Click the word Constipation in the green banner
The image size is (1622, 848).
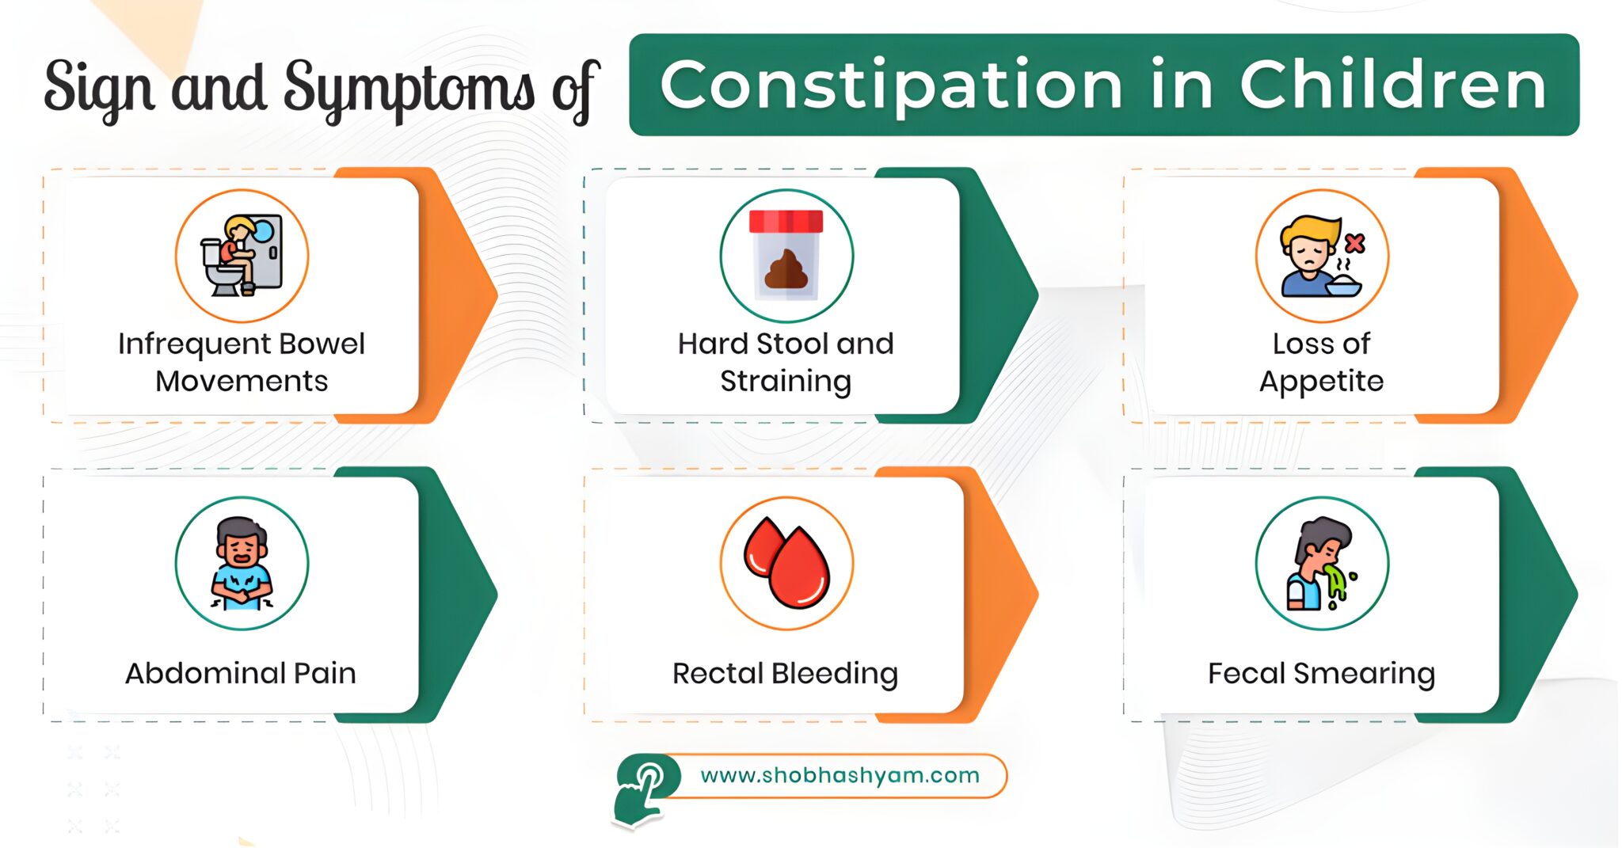coord(890,86)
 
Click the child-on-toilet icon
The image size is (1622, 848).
coord(242,256)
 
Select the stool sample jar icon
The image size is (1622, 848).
coord(786,256)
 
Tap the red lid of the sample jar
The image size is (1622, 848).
coord(786,221)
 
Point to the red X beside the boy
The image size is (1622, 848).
coord(1355,242)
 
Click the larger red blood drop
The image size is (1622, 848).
coord(800,569)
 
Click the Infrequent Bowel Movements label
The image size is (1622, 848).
coord(242,363)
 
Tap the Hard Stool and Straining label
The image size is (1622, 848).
coord(786,363)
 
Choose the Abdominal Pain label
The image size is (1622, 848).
coord(241,673)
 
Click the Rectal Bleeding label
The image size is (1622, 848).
coord(785,674)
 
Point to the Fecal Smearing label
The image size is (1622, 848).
coord(1321,674)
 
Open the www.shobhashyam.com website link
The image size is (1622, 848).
coord(840,775)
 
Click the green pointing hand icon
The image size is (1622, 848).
coord(643,789)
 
